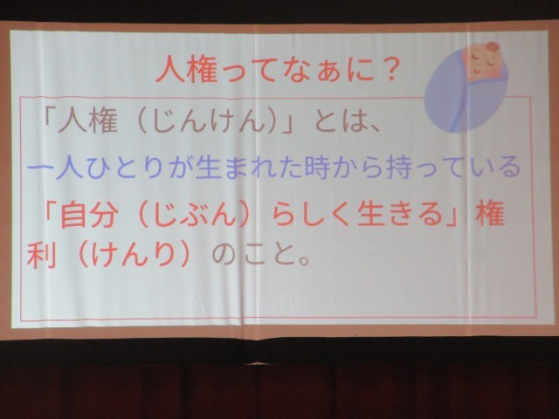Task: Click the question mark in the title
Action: (x=387, y=69)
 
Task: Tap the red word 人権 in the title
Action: (x=186, y=69)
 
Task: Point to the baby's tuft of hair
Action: (x=493, y=46)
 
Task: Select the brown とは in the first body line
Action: (x=338, y=120)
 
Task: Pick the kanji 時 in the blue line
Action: (x=317, y=167)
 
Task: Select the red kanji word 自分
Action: (x=89, y=216)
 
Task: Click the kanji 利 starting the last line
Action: (x=41, y=255)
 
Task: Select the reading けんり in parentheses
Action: (x=134, y=254)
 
